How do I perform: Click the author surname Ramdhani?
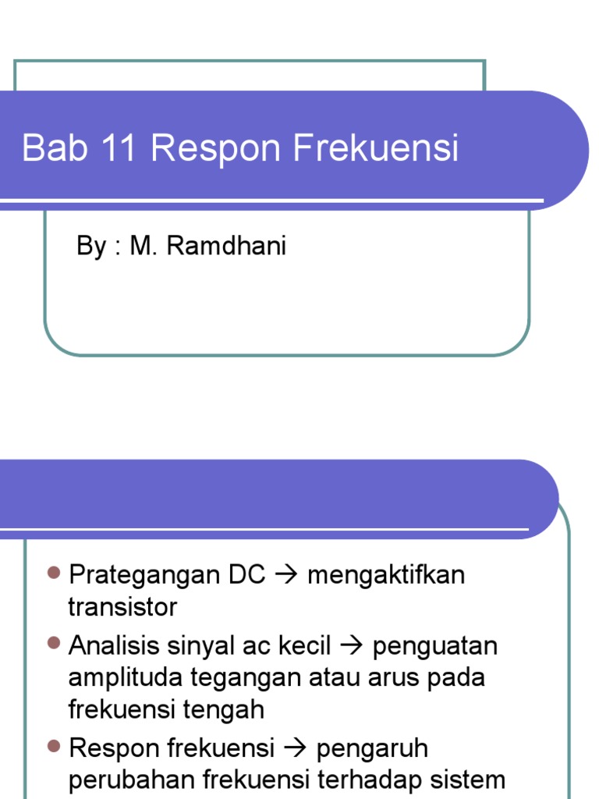tap(226, 247)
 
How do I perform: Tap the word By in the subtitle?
tap(90, 247)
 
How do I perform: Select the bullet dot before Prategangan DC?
tap(54, 574)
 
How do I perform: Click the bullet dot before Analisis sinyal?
tap(54, 644)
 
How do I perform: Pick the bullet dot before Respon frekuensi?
tap(54, 747)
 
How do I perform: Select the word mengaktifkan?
tap(386, 576)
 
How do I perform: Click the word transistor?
tap(122, 607)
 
